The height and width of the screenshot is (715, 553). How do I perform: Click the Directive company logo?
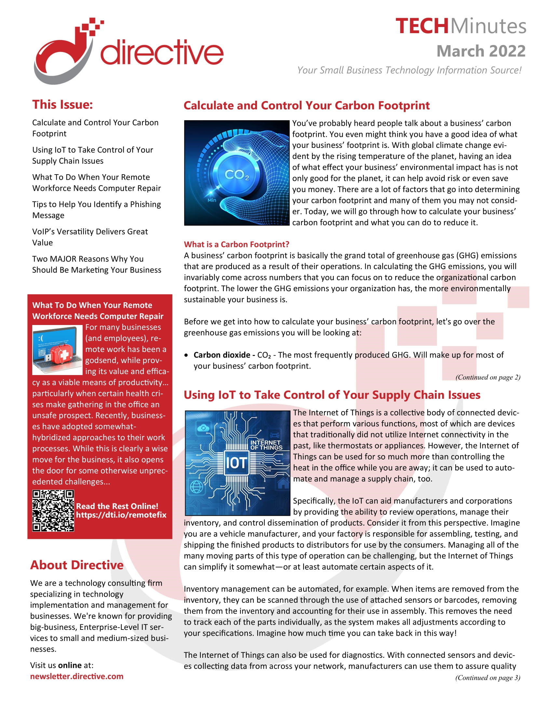(x=128, y=51)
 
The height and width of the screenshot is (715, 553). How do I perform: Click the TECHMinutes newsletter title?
(x=460, y=26)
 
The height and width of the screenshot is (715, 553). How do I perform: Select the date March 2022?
(x=480, y=51)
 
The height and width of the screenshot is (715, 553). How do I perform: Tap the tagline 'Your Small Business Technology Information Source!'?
(x=409, y=70)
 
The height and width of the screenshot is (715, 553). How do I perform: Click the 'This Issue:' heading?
(x=62, y=105)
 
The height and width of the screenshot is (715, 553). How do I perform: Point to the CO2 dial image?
(x=236, y=173)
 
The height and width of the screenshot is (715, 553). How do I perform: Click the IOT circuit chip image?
(x=237, y=462)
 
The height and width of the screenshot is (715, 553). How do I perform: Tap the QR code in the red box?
(x=53, y=510)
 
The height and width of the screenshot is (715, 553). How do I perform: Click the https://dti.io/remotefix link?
(x=121, y=515)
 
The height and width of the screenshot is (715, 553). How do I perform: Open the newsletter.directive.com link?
(x=77, y=676)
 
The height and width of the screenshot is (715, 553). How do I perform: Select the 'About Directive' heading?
(x=77, y=565)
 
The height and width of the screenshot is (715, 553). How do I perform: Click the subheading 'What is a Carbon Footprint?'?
(x=236, y=244)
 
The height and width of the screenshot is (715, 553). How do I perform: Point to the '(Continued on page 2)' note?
(x=488, y=377)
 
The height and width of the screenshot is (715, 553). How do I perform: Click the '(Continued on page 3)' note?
(x=488, y=678)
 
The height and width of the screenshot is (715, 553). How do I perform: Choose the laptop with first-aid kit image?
(x=57, y=350)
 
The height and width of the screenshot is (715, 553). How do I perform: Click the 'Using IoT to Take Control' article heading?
(x=332, y=395)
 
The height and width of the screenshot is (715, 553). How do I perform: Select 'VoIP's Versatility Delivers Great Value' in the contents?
(x=90, y=237)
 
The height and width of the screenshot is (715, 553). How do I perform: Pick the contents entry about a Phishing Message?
(x=96, y=210)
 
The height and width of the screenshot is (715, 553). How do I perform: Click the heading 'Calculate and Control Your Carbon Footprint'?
(x=306, y=105)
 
